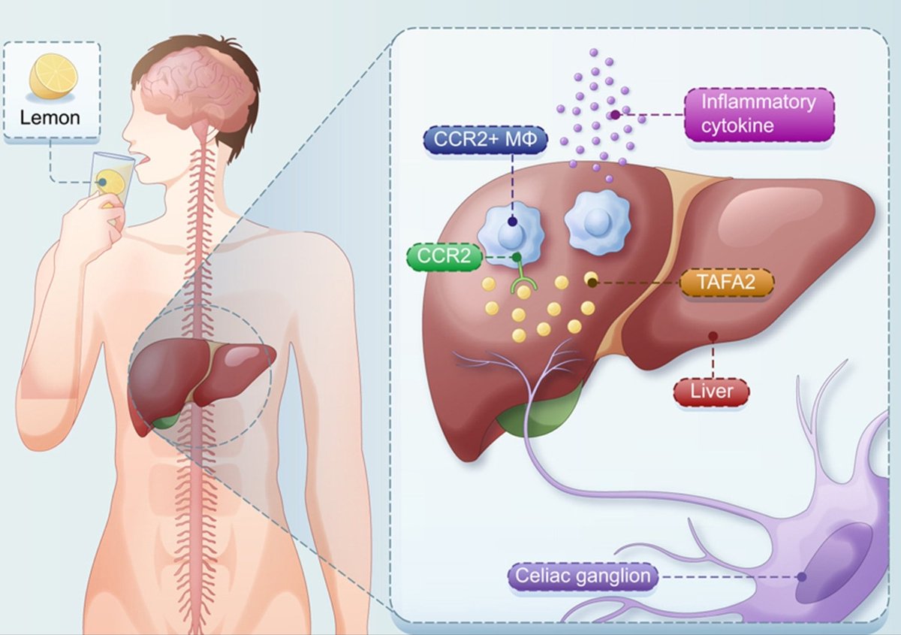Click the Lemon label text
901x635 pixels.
pos(50,117)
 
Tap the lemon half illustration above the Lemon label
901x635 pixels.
pos(53,78)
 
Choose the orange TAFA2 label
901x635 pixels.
pos(726,283)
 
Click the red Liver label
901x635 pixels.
pos(712,392)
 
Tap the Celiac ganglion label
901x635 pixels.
pos(583,577)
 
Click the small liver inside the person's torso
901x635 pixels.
pos(199,376)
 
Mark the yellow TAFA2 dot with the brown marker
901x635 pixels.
pos(590,280)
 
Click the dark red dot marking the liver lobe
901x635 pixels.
pos(712,335)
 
